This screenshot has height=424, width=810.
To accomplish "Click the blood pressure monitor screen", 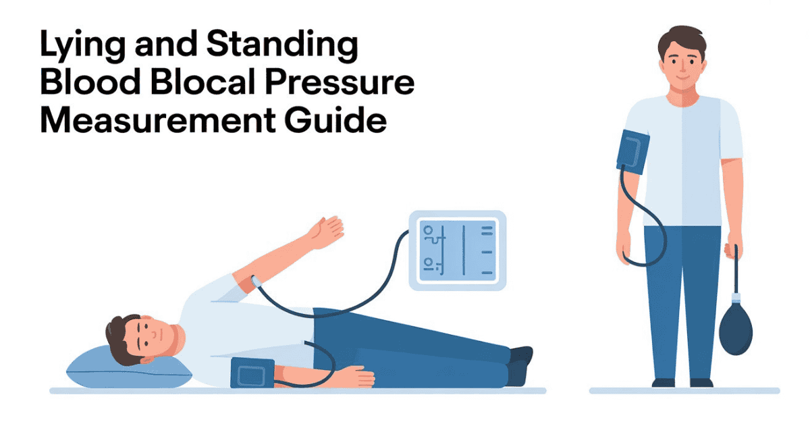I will [x=457, y=250].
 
